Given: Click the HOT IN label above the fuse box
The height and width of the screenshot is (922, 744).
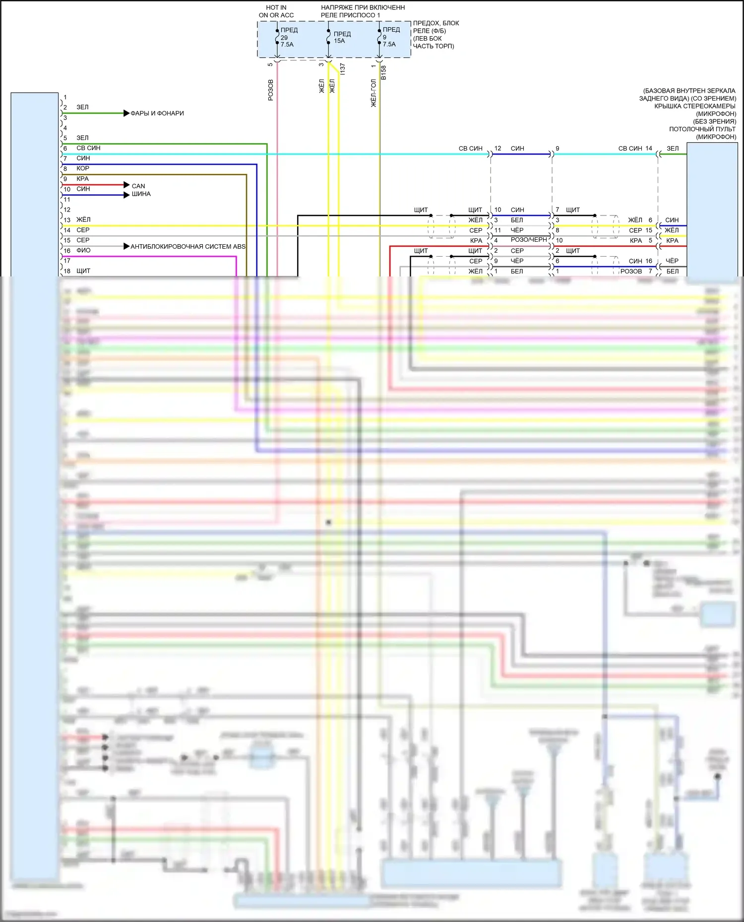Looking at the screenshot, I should click(x=276, y=7).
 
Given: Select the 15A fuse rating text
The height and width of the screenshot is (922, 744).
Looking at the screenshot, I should click(x=339, y=41).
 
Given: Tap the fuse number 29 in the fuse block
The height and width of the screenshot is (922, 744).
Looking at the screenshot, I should click(x=284, y=38).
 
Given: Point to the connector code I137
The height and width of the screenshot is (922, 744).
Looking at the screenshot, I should click(x=342, y=69).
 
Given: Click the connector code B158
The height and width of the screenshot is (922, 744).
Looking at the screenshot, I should click(x=383, y=73).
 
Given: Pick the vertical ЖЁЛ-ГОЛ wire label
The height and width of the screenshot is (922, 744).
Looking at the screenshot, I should click(x=373, y=93).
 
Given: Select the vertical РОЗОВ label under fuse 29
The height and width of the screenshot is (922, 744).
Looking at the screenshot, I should click(x=270, y=90).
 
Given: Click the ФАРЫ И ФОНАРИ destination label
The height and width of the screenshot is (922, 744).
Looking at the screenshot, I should click(x=157, y=113).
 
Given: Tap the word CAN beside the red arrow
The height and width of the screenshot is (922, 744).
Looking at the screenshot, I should click(x=138, y=186).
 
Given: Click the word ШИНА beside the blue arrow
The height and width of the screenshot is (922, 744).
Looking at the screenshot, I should click(x=141, y=194).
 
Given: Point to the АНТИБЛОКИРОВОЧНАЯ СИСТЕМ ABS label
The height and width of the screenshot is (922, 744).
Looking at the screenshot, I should click(x=188, y=247).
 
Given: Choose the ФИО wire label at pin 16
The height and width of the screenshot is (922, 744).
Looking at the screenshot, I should click(x=83, y=251).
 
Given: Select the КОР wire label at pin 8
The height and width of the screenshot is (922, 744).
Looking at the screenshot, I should click(x=83, y=168).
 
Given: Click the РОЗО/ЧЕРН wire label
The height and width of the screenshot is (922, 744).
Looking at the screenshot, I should click(x=529, y=240).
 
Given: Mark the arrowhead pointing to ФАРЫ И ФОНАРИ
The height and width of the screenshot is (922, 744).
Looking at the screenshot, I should click(x=126, y=113).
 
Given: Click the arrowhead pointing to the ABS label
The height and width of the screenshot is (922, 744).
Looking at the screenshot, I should click(x=126, y=246).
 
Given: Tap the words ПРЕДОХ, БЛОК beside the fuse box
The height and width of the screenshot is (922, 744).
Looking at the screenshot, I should click(x=436, y=23).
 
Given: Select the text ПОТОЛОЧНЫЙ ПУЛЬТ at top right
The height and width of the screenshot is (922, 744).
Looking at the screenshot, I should click(x=702, y=129).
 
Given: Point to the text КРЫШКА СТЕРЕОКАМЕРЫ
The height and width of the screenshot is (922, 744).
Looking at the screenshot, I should click(x=694, y=106).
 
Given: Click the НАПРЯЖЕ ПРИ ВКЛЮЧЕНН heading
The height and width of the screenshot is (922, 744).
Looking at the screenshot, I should click(x=363, y=7).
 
